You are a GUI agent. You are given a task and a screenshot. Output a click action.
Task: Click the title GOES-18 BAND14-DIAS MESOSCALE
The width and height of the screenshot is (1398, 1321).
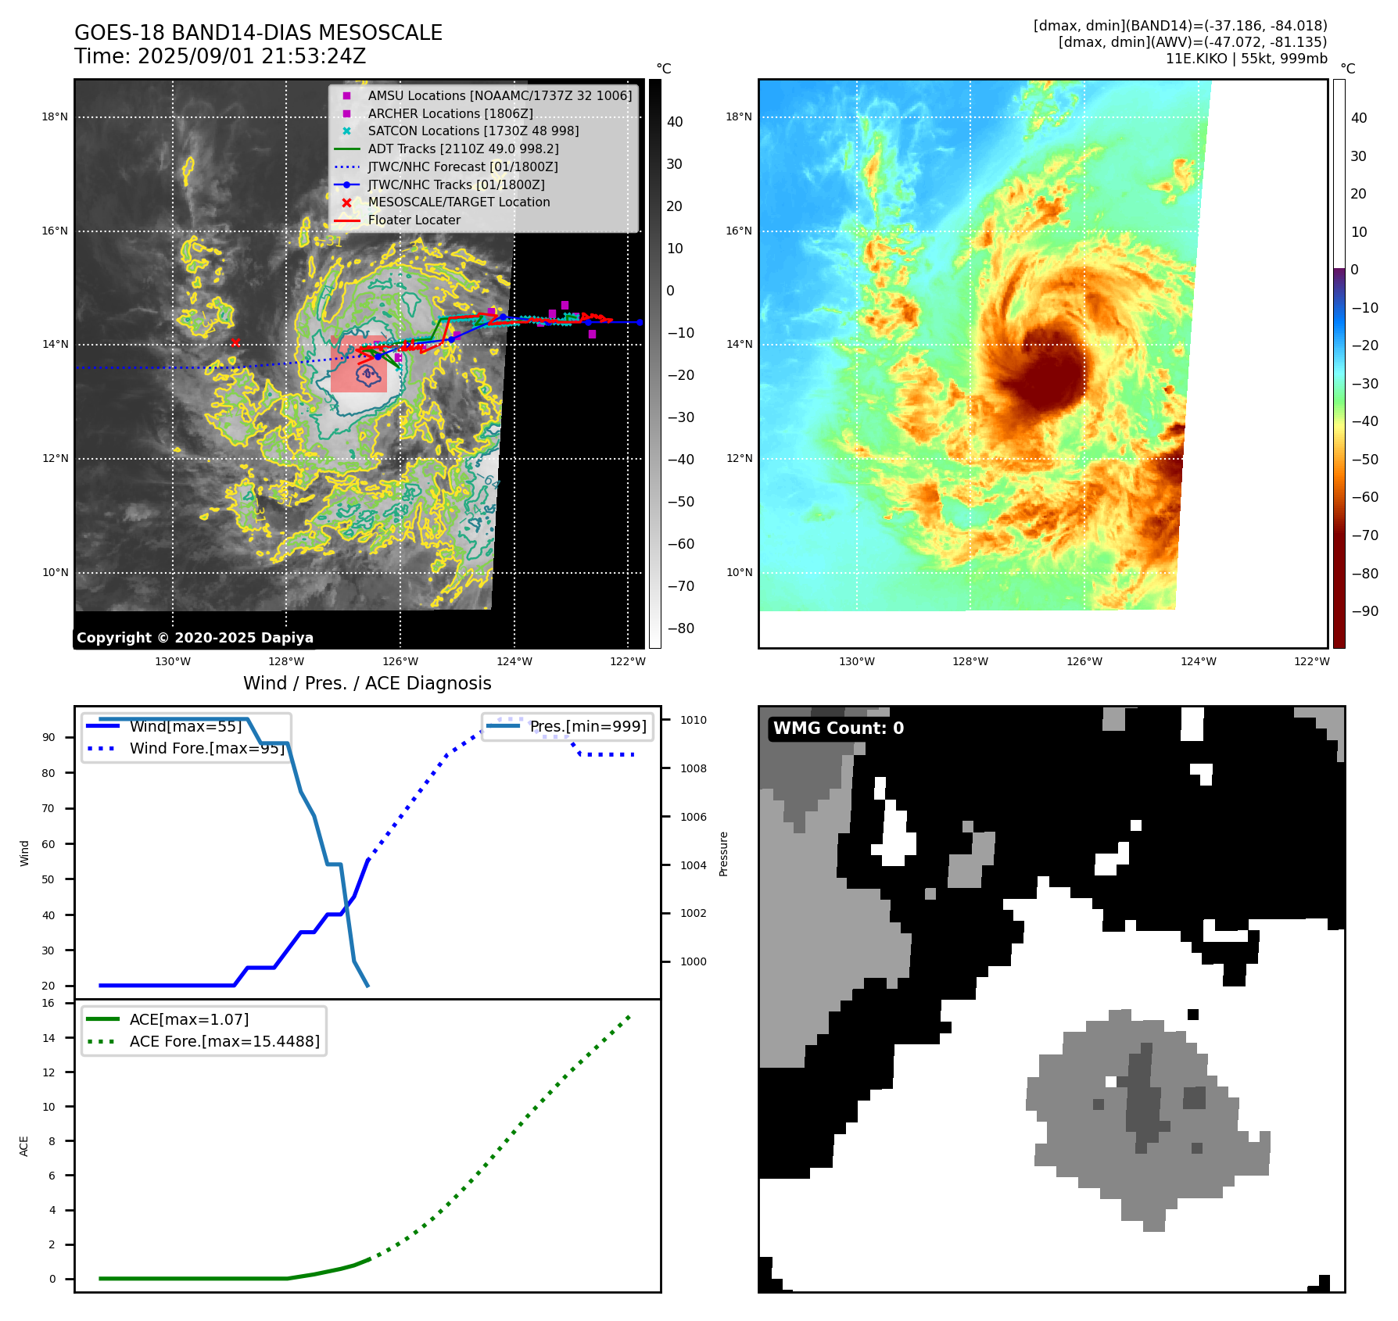pos(258,33)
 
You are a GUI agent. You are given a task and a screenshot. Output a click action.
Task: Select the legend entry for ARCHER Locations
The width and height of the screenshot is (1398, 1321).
pos(450,113)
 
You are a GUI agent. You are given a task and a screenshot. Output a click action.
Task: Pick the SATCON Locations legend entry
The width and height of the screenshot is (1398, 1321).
pos(473,131)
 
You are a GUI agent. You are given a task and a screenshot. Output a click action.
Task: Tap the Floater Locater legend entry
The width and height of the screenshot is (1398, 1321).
pos(414,220)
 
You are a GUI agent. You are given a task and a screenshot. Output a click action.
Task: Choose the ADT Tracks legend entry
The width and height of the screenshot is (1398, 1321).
pos(463,149)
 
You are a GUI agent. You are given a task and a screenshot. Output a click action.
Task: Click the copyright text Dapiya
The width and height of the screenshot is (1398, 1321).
pos(195,638)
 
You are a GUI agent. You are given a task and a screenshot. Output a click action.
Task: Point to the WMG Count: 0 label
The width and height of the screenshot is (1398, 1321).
pos(838,729)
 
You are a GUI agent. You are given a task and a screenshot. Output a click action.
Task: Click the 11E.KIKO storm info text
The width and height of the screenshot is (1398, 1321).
pos(1246,59)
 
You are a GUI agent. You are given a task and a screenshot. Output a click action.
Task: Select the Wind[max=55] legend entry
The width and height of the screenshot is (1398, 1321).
pos(185,726)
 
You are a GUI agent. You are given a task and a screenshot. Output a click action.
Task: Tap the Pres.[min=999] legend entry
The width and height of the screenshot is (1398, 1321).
pos(588,726)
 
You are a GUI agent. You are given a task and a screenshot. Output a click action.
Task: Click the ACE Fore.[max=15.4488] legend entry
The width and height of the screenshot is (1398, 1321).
pos(224,1041)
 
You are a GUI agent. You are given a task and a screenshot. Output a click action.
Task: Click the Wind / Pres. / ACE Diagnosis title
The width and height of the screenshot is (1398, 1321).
pos(367,683)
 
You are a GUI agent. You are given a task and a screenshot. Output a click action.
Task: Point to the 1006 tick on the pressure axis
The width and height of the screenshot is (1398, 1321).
pos(693,817)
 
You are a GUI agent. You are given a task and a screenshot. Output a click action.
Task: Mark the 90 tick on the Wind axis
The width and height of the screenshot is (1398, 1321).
pos(48,737)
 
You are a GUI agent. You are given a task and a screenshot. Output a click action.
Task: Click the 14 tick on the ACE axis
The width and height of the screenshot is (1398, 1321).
pos(48,1038)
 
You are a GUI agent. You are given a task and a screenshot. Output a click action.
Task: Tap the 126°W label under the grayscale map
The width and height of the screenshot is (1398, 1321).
pos(400,662)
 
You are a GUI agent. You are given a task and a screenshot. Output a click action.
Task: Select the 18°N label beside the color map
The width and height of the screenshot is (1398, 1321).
pos(739,117)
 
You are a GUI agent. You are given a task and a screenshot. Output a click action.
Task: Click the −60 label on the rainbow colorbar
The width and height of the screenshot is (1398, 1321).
pos(1364,497)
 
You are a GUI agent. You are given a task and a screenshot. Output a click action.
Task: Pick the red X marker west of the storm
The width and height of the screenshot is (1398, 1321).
pos(235,343)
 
